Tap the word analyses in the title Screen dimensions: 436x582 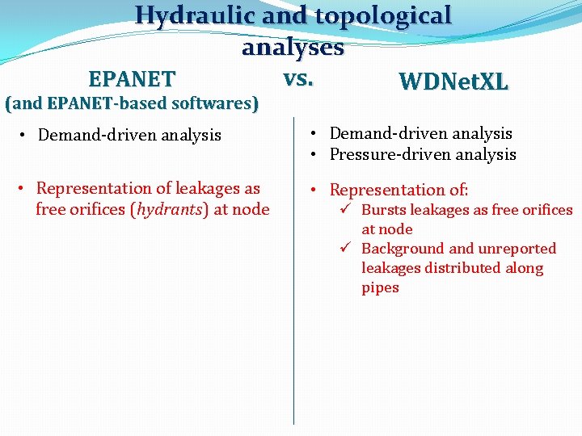click(293, 47)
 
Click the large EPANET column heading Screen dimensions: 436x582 click(132, 79)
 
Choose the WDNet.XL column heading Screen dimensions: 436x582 click(453, 82)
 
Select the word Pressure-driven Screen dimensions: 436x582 click(384, 154)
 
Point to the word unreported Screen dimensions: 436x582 click(517, 249)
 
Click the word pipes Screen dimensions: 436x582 click(380, 287)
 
